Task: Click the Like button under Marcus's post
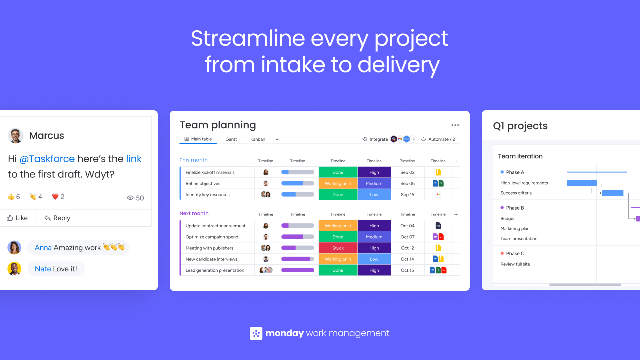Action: click(x=17, y=218)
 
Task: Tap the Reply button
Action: click(x=57, y=218)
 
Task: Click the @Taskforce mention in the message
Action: click(x=47, y=159)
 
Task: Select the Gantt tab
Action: click(x=231, y=139)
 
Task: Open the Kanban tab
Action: click(x=257, y=139)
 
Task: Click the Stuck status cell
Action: click(x=338, y=248)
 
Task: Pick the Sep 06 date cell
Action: click(x=407, y=183)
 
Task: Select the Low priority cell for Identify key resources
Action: click(x=374, y=195)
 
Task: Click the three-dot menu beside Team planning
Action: click(x=455, y=125)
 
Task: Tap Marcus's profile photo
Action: click(x=15, y=135)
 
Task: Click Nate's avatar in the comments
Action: click(x=14, y=269)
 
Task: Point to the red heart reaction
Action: click(x=55, y=197)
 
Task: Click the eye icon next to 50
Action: click(x=130, y=198)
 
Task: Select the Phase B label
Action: click(x=515, y=208)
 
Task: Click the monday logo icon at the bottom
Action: click(x=256, y=333)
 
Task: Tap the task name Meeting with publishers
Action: click(x=209, y=248)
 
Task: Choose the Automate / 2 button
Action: click(x=438, y=139)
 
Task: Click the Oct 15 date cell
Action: click(x=407, y=270)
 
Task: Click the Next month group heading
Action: click(x=194, y=213)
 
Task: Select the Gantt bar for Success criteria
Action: click(x=613, y=193)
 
